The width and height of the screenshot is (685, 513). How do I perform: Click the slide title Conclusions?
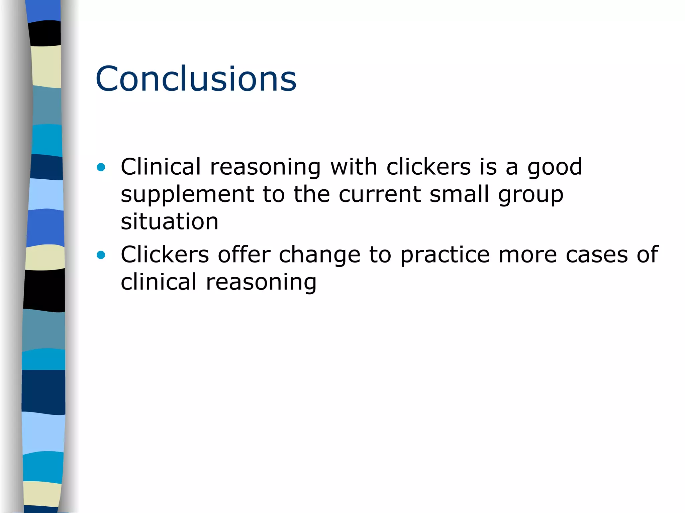point(196,79)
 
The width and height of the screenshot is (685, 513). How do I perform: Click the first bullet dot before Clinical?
point(101,167)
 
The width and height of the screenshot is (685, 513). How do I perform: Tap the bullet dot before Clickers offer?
point(101,255)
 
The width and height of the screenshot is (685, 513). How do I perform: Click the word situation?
point(170,222)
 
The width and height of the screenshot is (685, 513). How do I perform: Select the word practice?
point(445,255)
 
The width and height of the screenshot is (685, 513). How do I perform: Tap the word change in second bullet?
point(319,255)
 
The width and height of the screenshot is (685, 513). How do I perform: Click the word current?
point(380,194)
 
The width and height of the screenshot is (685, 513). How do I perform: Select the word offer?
point(244,254)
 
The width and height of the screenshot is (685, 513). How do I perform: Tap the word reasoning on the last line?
point(261,283)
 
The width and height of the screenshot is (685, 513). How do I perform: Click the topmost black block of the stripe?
point(45,33)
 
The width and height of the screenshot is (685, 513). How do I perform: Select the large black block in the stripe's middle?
point(44,290)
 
